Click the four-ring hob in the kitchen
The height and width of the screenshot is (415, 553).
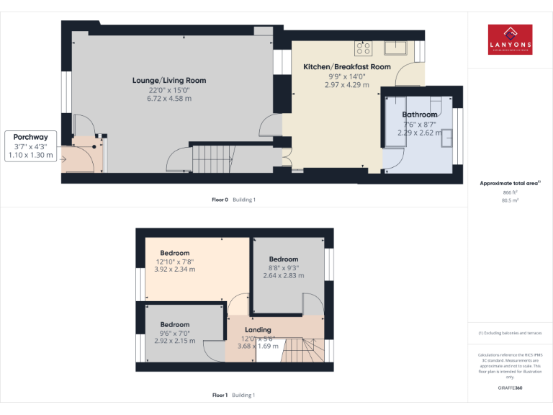click(364, 48)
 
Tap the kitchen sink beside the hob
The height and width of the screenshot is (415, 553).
click(395, 48)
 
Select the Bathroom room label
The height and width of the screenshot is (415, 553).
click(419, 115)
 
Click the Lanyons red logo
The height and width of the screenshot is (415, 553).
click(510, 40)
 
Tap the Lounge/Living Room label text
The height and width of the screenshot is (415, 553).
click(168, 81)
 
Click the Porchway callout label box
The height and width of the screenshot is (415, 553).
click(30, 146)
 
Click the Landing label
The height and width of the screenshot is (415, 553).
click(258, 330)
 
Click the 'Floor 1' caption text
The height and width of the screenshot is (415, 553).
click(220, 395)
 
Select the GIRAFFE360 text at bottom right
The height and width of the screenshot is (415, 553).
click(510, 388)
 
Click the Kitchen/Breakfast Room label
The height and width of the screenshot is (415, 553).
click(346, 67)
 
